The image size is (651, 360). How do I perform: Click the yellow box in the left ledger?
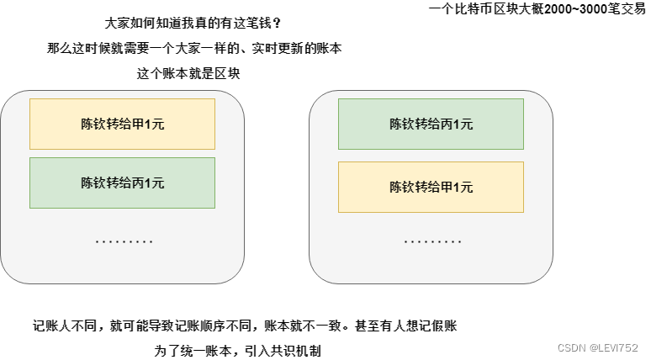[122, 124]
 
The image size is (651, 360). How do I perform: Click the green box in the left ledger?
[122, 183]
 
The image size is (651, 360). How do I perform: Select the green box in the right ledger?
[431, 124]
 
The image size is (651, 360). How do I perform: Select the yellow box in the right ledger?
[431, 187]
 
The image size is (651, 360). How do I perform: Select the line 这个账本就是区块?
[188, 73]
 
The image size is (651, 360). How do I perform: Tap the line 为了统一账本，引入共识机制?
[238, 350]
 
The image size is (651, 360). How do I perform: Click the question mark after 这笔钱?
[277, 24]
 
